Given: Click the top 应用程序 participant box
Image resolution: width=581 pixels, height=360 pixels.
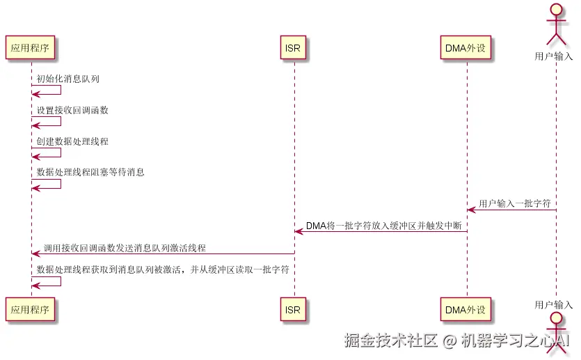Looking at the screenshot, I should point(30,48).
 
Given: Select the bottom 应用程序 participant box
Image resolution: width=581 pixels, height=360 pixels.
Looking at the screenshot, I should point(30,310).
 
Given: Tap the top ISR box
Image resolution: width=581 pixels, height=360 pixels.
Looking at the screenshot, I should point(293,48).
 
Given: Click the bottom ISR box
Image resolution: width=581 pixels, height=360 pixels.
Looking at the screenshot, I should point(293,310).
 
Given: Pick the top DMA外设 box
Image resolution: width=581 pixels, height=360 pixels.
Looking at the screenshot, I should point(465,48).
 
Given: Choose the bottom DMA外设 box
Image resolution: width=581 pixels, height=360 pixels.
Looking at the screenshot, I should point(465,310).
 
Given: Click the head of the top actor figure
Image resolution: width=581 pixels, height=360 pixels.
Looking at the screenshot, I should point(555,10).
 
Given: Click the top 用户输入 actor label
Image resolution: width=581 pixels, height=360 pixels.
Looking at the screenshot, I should point(555,56).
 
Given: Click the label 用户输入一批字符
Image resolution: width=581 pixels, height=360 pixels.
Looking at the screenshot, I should point(515,204).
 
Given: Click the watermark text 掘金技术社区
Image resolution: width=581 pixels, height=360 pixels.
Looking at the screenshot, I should point(390,341).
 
